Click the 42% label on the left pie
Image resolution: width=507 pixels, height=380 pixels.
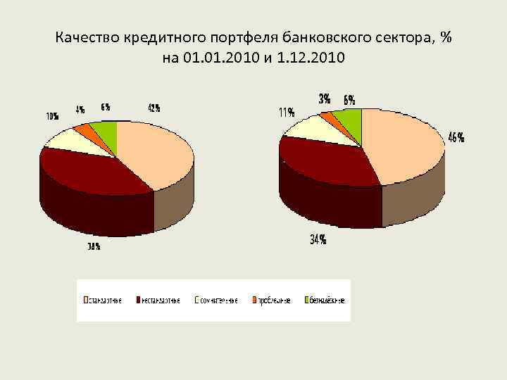(x=154, y=108)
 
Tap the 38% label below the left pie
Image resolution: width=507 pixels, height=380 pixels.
(x=94, y=246)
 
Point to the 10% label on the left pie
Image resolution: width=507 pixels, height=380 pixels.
(x=52, y=116)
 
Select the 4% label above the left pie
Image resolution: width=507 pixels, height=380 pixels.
(x=81, y=110)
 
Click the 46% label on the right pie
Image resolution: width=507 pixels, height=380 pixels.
(x=456, y=138)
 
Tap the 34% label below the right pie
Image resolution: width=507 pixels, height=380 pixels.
(x=318, y=239)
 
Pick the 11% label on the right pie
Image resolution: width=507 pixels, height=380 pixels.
(x=286, y=113)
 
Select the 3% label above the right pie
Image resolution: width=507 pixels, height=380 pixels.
(x=325, y=99)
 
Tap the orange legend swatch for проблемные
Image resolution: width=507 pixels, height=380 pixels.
(x=255, y=300)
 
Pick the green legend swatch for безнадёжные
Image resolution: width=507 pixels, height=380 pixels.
(x=307, y=300)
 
